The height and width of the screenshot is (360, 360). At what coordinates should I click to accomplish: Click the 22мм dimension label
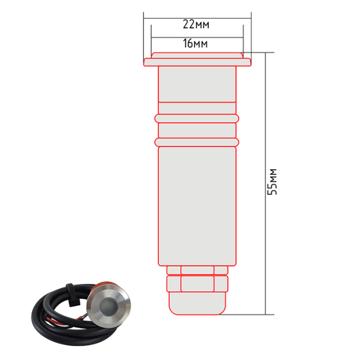pos(196,25)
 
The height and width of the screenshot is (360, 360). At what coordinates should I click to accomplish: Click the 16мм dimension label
pos(196,43)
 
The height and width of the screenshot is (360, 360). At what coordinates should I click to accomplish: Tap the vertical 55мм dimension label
pos(272,182)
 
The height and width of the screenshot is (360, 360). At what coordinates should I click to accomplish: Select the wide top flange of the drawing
pos(197,62)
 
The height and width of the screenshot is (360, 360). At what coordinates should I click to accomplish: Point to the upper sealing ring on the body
pos(197,118)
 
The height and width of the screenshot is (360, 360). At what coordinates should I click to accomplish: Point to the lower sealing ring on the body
pos(197,142)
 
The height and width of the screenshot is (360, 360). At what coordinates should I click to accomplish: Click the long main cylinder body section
pos(197,206)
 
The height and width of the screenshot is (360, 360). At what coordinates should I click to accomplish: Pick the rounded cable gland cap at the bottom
pos(197,303)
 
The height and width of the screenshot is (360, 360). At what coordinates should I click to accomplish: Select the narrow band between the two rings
pos(197,130)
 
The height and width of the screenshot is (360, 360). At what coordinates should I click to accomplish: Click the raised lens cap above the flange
pos(197,55)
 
